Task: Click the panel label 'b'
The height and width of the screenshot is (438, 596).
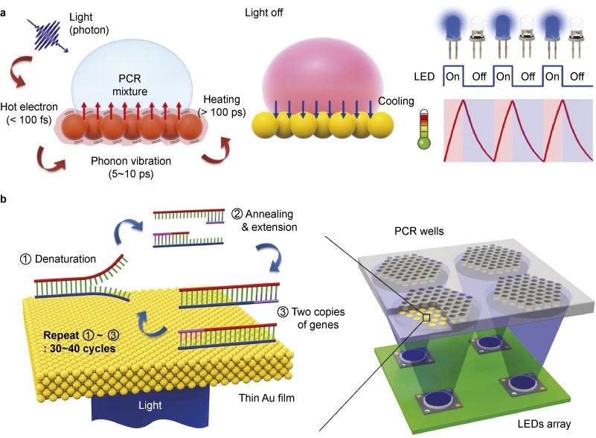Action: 5,199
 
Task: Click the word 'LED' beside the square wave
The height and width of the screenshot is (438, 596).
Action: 423,76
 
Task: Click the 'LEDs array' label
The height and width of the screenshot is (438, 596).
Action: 544,423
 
